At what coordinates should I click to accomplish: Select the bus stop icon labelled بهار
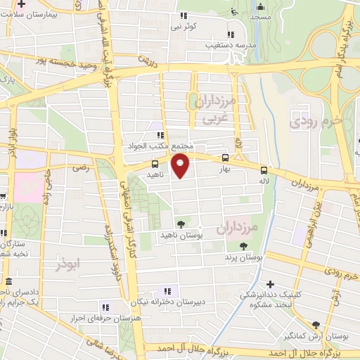pos(225,157)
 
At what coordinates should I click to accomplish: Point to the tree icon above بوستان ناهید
pos(181,224)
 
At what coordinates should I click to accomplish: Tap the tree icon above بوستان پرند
pos(243,246)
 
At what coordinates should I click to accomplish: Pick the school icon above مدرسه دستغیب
pos(230,34)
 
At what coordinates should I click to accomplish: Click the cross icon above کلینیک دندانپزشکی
pos(270,283)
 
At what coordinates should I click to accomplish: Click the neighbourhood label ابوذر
pos(70,264)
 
